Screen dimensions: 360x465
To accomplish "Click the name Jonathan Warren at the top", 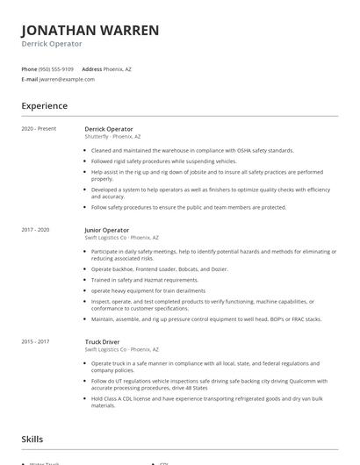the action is coord(90,30).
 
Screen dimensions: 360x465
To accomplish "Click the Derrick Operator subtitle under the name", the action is coord(52,44).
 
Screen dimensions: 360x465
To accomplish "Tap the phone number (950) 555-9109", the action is coord(56,68).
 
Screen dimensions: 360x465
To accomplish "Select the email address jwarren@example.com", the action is coord(67,79).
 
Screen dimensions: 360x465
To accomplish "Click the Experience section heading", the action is coord(44,106).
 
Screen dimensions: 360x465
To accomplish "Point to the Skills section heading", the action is coord(32,438).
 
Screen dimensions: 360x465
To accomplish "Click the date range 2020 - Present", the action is coord(39,129).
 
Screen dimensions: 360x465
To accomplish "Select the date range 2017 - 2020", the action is coord(35,230).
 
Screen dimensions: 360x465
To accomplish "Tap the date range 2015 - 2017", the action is coord(35,342).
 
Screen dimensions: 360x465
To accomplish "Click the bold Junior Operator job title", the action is coord(106,230).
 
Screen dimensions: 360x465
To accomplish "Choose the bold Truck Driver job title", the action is coord(103,342).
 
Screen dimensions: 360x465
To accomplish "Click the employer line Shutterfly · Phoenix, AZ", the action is coord(112,137).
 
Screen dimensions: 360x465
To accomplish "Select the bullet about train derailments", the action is coord(149,290).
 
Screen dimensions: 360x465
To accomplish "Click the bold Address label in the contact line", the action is coord(92,68).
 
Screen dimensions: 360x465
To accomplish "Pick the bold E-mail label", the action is coord(30,79).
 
